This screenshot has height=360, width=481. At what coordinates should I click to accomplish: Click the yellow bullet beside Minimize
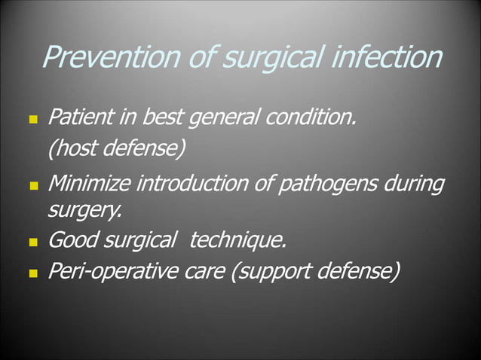[32, 185]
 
